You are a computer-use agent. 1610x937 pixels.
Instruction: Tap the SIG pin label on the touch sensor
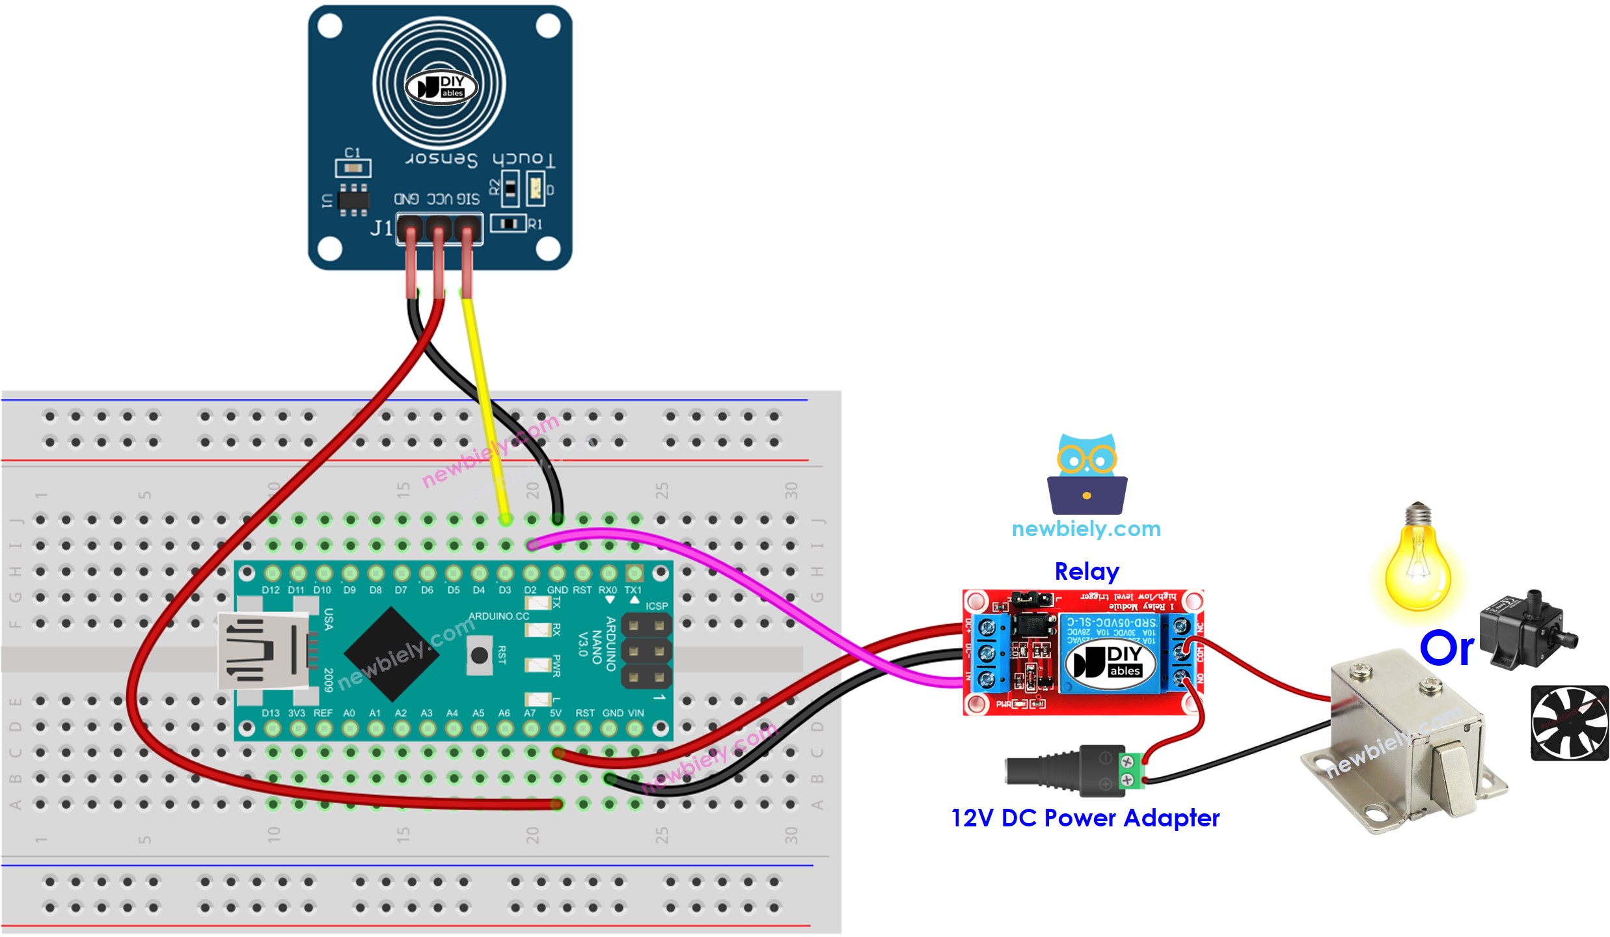467,199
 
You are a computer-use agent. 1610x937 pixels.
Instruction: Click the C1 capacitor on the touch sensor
353,168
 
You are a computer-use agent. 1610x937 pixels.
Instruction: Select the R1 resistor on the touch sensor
509,224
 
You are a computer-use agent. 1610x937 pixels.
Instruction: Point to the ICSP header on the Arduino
646,651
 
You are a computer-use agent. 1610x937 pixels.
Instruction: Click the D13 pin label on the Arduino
270,713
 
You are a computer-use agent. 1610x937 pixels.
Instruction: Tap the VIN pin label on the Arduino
635,713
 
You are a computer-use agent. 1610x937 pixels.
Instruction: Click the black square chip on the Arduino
391,654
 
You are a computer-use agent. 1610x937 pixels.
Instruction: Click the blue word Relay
1087,571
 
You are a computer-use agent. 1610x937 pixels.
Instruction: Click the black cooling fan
1569,722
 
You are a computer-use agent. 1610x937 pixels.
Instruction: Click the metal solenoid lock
1406,742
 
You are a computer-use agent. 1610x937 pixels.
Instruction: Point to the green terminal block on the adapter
1133,770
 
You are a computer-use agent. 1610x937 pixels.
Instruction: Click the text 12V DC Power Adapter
1085,818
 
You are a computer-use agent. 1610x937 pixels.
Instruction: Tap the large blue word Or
1447,649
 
